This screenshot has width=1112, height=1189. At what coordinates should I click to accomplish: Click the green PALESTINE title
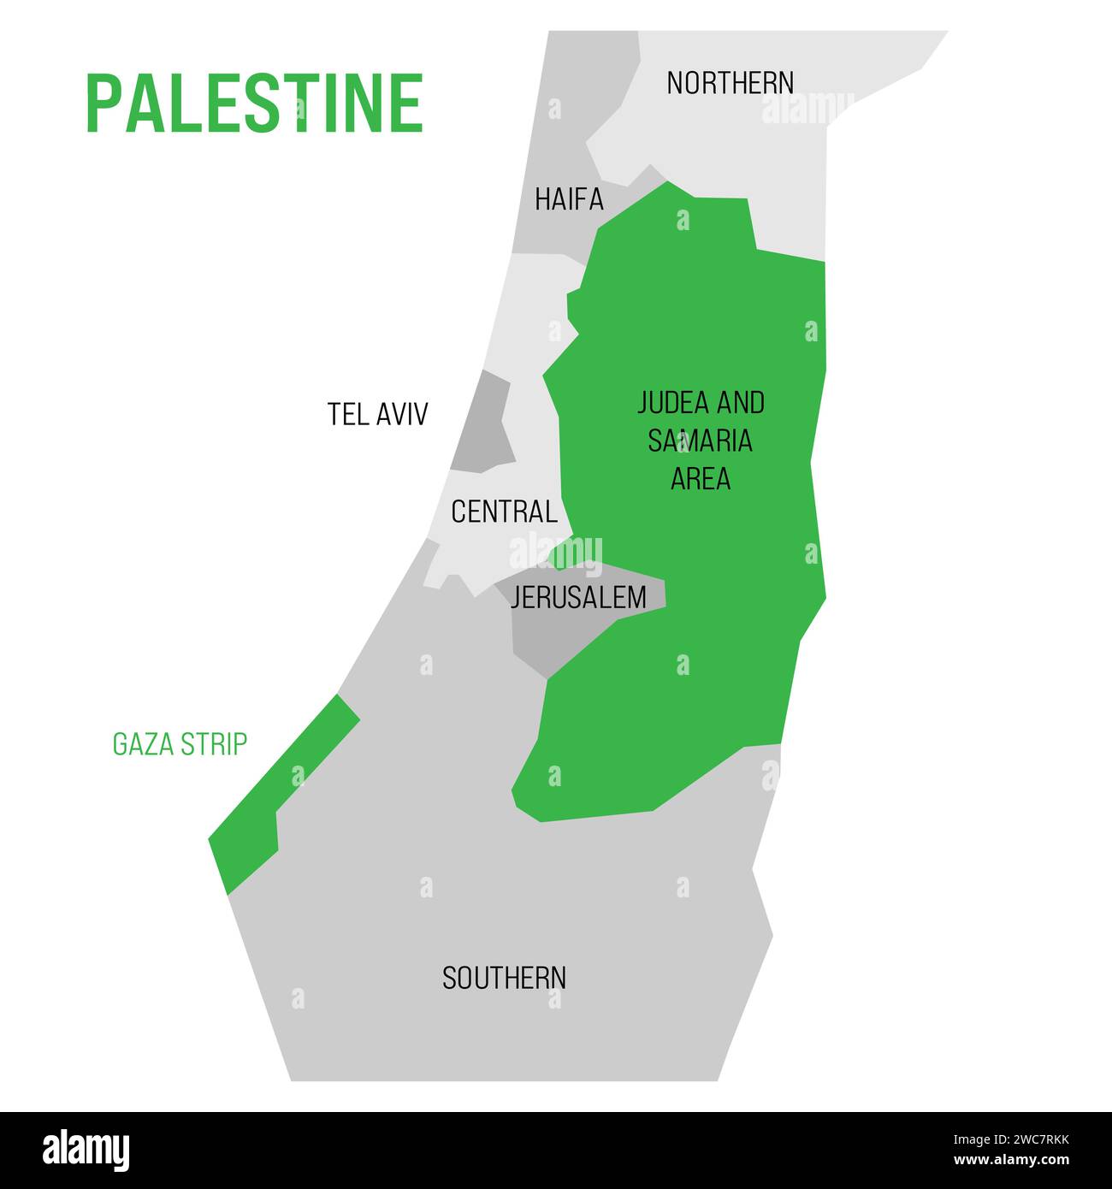pyautogui.click(x=254, y=103)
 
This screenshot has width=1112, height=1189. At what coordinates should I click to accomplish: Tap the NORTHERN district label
pyautogui.click(x=730, y=83)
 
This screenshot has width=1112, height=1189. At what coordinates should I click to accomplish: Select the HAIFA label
pyautogui.click(x=569, y=199)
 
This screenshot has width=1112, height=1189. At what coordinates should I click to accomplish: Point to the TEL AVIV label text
pyautogui.click(x=377, y=414)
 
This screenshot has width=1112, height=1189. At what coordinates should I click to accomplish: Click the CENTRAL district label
pyautogui.click(x=504, y=512)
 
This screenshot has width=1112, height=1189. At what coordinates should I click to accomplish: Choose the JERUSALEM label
pyautogui.click(x=578, y=597)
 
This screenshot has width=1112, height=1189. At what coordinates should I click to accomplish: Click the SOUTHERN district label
pyautogui.click(x=504, y=978)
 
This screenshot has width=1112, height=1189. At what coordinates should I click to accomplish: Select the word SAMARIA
pyautogui.click(x=700, y=441)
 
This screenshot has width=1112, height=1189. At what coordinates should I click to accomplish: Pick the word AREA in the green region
pyautogui.click(x=700, y=478)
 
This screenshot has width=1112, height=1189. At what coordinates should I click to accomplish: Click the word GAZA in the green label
pyautogui.click(x=142, y=744)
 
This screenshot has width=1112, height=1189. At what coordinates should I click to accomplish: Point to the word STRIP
pyautogui.click(x=213, y=744)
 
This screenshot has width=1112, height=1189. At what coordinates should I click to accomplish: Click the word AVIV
pyautogui.click(x=400, y=414)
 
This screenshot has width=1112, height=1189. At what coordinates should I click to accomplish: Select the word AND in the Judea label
pyautogui.click(x=741, y=403)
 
